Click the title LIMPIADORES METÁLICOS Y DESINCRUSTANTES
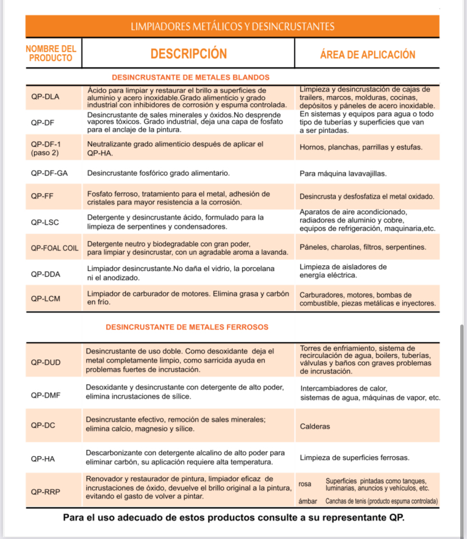[x=232, y=27]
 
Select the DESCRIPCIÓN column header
[x=188, y=54]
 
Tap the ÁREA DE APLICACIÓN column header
[x=367, y=54]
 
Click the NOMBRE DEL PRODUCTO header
[x=51, y=54]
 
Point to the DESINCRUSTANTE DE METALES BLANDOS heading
[x=191, y=77]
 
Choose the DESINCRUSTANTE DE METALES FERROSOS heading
[x=187, y=327]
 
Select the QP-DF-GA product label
[x=49, y=173]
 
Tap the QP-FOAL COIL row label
[x=55, y=247]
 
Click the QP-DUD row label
[x=46, y=362]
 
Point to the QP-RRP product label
[x=46, y=491]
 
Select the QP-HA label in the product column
[x=43, y=459]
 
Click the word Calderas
[x=315, y=426]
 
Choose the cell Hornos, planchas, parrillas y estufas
[x=361, y=147]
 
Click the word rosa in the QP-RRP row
[x=305, y=484]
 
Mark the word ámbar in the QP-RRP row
[x=307, y=501]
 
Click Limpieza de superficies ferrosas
[x=355, y=457]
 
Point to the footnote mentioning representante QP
[x=233, y=518]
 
